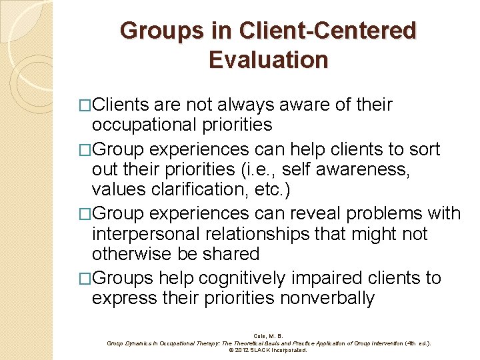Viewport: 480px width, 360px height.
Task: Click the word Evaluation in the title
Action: (268, 59)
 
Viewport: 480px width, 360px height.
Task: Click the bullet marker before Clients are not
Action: (85, 105)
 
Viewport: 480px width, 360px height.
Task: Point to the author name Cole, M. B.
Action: (269, 335)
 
